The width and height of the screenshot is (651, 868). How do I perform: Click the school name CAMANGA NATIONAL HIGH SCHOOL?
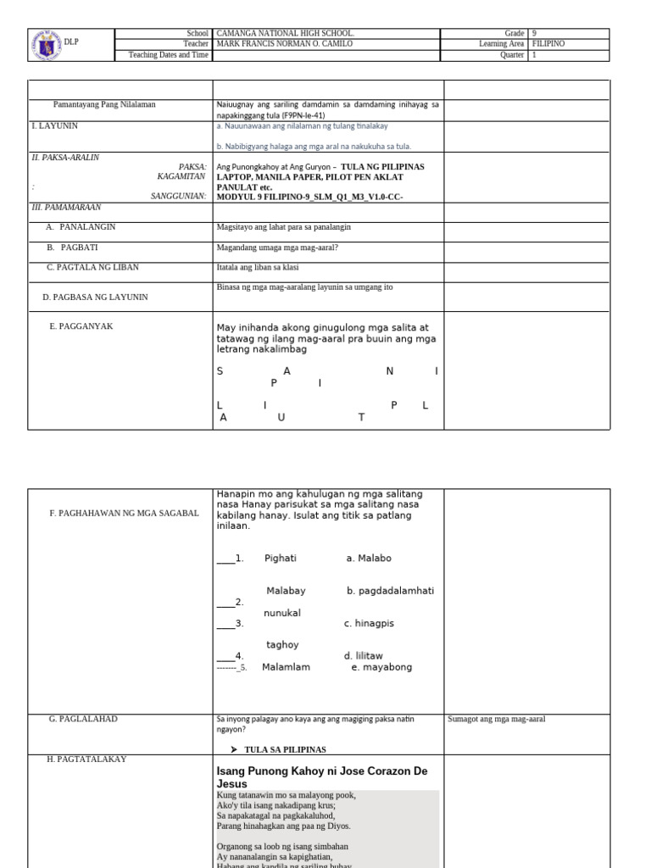[285, 33]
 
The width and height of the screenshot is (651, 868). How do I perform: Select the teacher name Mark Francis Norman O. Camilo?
[285, 44]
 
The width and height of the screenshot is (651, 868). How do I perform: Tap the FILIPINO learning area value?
[548, 44]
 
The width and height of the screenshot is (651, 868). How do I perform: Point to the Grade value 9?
[534, 33]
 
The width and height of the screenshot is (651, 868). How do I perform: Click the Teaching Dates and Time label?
[168, 55]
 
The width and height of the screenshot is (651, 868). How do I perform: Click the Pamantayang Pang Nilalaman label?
[104, 104]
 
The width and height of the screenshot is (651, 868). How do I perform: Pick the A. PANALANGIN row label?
[81, 227]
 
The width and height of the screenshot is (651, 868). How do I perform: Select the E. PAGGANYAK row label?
[81, 326]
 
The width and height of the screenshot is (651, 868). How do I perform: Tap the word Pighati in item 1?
[281, 559]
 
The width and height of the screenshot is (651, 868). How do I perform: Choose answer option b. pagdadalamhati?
[390, 591]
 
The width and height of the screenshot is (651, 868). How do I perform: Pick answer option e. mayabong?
[381, 667]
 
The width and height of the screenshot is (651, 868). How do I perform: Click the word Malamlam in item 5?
[286, 667]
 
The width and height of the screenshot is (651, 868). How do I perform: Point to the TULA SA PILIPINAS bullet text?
[285, 749]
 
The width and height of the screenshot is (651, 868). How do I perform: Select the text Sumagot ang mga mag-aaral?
[497, 720]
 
